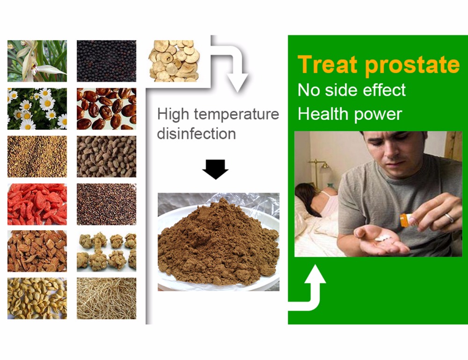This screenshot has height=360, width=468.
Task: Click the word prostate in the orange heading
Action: [413, 65]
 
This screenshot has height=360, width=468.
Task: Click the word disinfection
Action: [197, 133]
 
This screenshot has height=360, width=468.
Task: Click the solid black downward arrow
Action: [215, 169]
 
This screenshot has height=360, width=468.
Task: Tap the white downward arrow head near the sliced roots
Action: [237, 82]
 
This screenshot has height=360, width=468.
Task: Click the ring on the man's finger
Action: [449, 218]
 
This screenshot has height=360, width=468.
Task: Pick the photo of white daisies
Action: [37, 109]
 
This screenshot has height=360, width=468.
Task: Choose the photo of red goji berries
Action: [37, 204]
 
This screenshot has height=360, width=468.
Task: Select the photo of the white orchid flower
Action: [37, 61]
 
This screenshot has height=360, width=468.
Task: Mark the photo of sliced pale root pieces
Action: [174, 61]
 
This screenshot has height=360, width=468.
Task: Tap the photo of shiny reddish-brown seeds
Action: [106, 109]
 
